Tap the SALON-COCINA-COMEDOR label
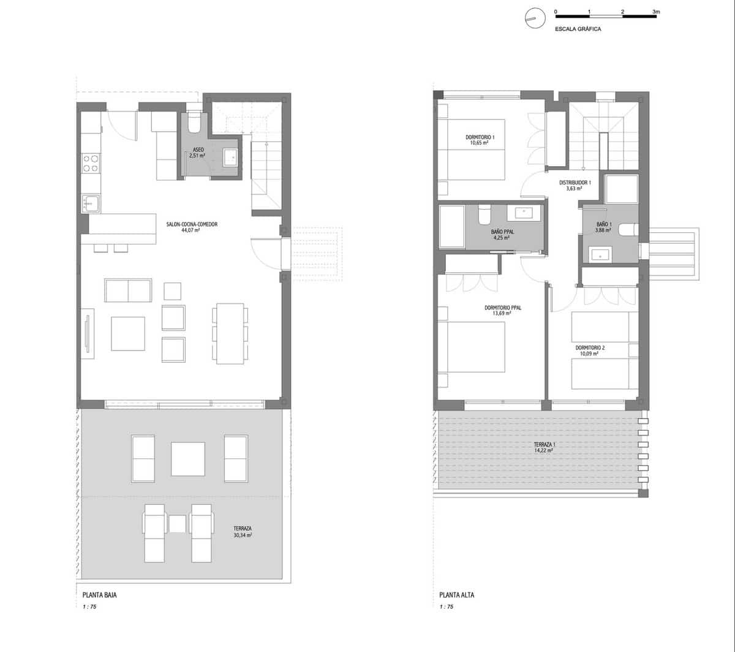tap(192, 224)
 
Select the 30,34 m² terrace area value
tap(243, 535)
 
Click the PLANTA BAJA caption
tap(99, 595)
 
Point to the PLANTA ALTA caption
tap(456, 595)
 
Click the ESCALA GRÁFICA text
tap(578, 29)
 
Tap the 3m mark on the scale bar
tap(656, 12)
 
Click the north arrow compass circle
tap(533, 20)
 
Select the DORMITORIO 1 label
tap(480, 137)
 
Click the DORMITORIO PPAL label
tap(502, 308)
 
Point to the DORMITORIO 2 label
tap(590, 348)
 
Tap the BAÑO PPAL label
tap(502, 232)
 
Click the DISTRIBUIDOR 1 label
tap(575, 183)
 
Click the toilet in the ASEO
tap(194, 124)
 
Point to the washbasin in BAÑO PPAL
tap(524, 213)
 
